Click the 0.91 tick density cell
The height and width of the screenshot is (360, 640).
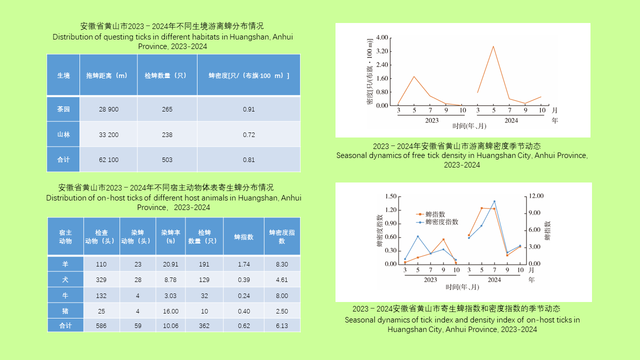(x=248, y=109)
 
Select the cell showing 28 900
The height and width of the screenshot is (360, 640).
(x=108, y=109)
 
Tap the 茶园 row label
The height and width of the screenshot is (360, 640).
(x=63, y=109)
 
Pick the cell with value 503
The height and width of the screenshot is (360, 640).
(x=167, y=160)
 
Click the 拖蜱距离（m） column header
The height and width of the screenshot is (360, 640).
(x=108, y=75)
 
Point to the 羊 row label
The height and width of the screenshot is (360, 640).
(x=65, y=264)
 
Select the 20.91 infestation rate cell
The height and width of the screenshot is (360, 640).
(x=170, y=264)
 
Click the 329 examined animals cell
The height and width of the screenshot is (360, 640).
(x=101, y=280)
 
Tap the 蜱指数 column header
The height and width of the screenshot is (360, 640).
(x=243, y=237)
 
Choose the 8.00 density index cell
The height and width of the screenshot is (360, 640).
(x=282, y=295)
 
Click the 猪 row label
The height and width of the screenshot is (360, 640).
(x=65, y=311)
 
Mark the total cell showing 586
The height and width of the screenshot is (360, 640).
(x=101, y=326)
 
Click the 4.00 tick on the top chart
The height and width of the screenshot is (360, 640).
(x=381, y=37)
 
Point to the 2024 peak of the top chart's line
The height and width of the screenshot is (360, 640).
(x=493, y=46)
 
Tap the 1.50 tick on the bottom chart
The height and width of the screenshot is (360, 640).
(x=390, y=196)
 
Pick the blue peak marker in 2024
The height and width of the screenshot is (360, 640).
(x=494, y=201)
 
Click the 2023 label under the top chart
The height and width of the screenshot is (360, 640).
(x=431, y=120)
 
